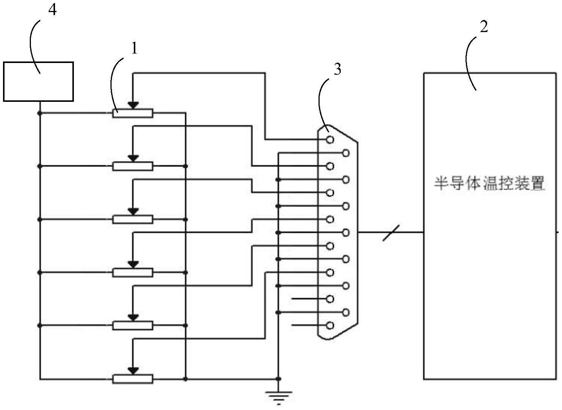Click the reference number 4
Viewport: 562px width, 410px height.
(52, 10)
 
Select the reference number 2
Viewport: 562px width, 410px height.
(483, 27)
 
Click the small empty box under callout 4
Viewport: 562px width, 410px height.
(38, 82)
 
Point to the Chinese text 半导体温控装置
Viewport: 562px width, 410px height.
(489, 184)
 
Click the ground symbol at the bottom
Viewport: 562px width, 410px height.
(278, 397)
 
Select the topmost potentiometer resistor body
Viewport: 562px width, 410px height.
(133, 113)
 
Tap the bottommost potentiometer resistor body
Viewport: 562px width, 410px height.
(133, 379)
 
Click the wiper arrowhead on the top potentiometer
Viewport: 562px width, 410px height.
(133, 105)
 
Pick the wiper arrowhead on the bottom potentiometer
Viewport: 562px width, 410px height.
(133, 371)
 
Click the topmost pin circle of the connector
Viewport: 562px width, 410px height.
(330, 140)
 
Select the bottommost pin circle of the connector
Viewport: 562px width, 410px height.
(330, 326)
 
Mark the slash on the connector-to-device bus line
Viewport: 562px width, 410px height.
(391, 232)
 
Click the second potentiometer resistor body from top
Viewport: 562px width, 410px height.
(133, 166)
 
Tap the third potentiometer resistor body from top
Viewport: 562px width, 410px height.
(133, 219)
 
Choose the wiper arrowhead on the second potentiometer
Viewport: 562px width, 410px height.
(133, 158)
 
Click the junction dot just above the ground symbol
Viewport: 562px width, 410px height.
(278, 379)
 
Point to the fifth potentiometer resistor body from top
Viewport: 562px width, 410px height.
(133, 326)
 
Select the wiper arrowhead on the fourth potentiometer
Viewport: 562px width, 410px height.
(133, 264)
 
